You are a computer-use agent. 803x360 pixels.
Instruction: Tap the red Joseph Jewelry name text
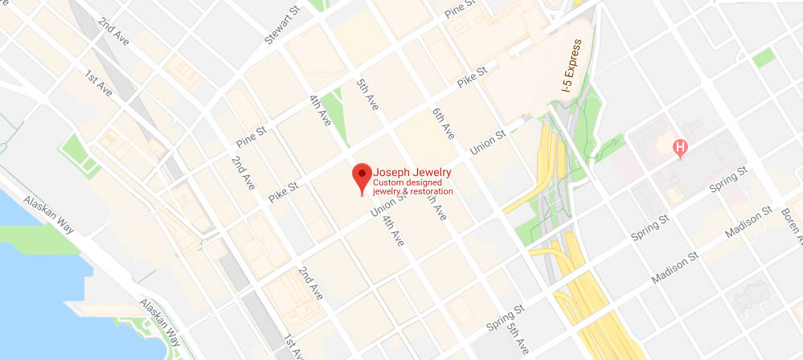(412, 172)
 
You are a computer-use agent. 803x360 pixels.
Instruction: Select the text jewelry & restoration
(412, 191)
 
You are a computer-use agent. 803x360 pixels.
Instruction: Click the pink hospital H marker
(680, 148)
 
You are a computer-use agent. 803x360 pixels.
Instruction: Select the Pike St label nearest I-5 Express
(472, 77)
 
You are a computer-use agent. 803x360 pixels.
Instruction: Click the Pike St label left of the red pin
(283, 191)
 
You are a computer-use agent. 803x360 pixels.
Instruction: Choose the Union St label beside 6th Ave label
(487, 141)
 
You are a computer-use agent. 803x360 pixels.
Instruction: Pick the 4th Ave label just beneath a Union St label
(392, 230)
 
